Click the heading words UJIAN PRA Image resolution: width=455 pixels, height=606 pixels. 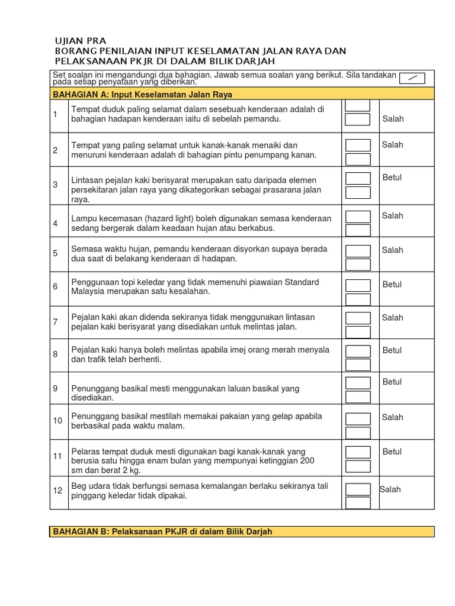coord(80,41)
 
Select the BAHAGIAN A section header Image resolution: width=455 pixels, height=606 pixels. coord(143,94)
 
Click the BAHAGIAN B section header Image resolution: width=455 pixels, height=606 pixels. coord(162,531)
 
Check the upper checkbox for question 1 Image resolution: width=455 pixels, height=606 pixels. coord(358,105)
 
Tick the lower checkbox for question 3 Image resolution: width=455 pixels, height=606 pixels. coord(358,192)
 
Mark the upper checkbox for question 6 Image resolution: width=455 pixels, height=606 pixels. coord(358,286)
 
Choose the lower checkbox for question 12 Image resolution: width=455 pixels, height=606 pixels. coord(358,502)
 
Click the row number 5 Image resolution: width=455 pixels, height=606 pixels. coord(55,253)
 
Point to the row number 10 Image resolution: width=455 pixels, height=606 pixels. coord(57,421)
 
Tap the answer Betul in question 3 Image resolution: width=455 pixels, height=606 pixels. coord(392,178)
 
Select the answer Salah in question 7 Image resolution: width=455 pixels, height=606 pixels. coord(392,318)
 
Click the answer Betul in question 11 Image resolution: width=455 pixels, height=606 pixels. coord(392,452)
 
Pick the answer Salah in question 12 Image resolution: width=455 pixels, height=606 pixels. coord(390,489)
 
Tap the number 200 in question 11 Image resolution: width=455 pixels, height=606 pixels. coord(307,460)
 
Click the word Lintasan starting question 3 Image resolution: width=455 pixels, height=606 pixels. coord(88,180)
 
